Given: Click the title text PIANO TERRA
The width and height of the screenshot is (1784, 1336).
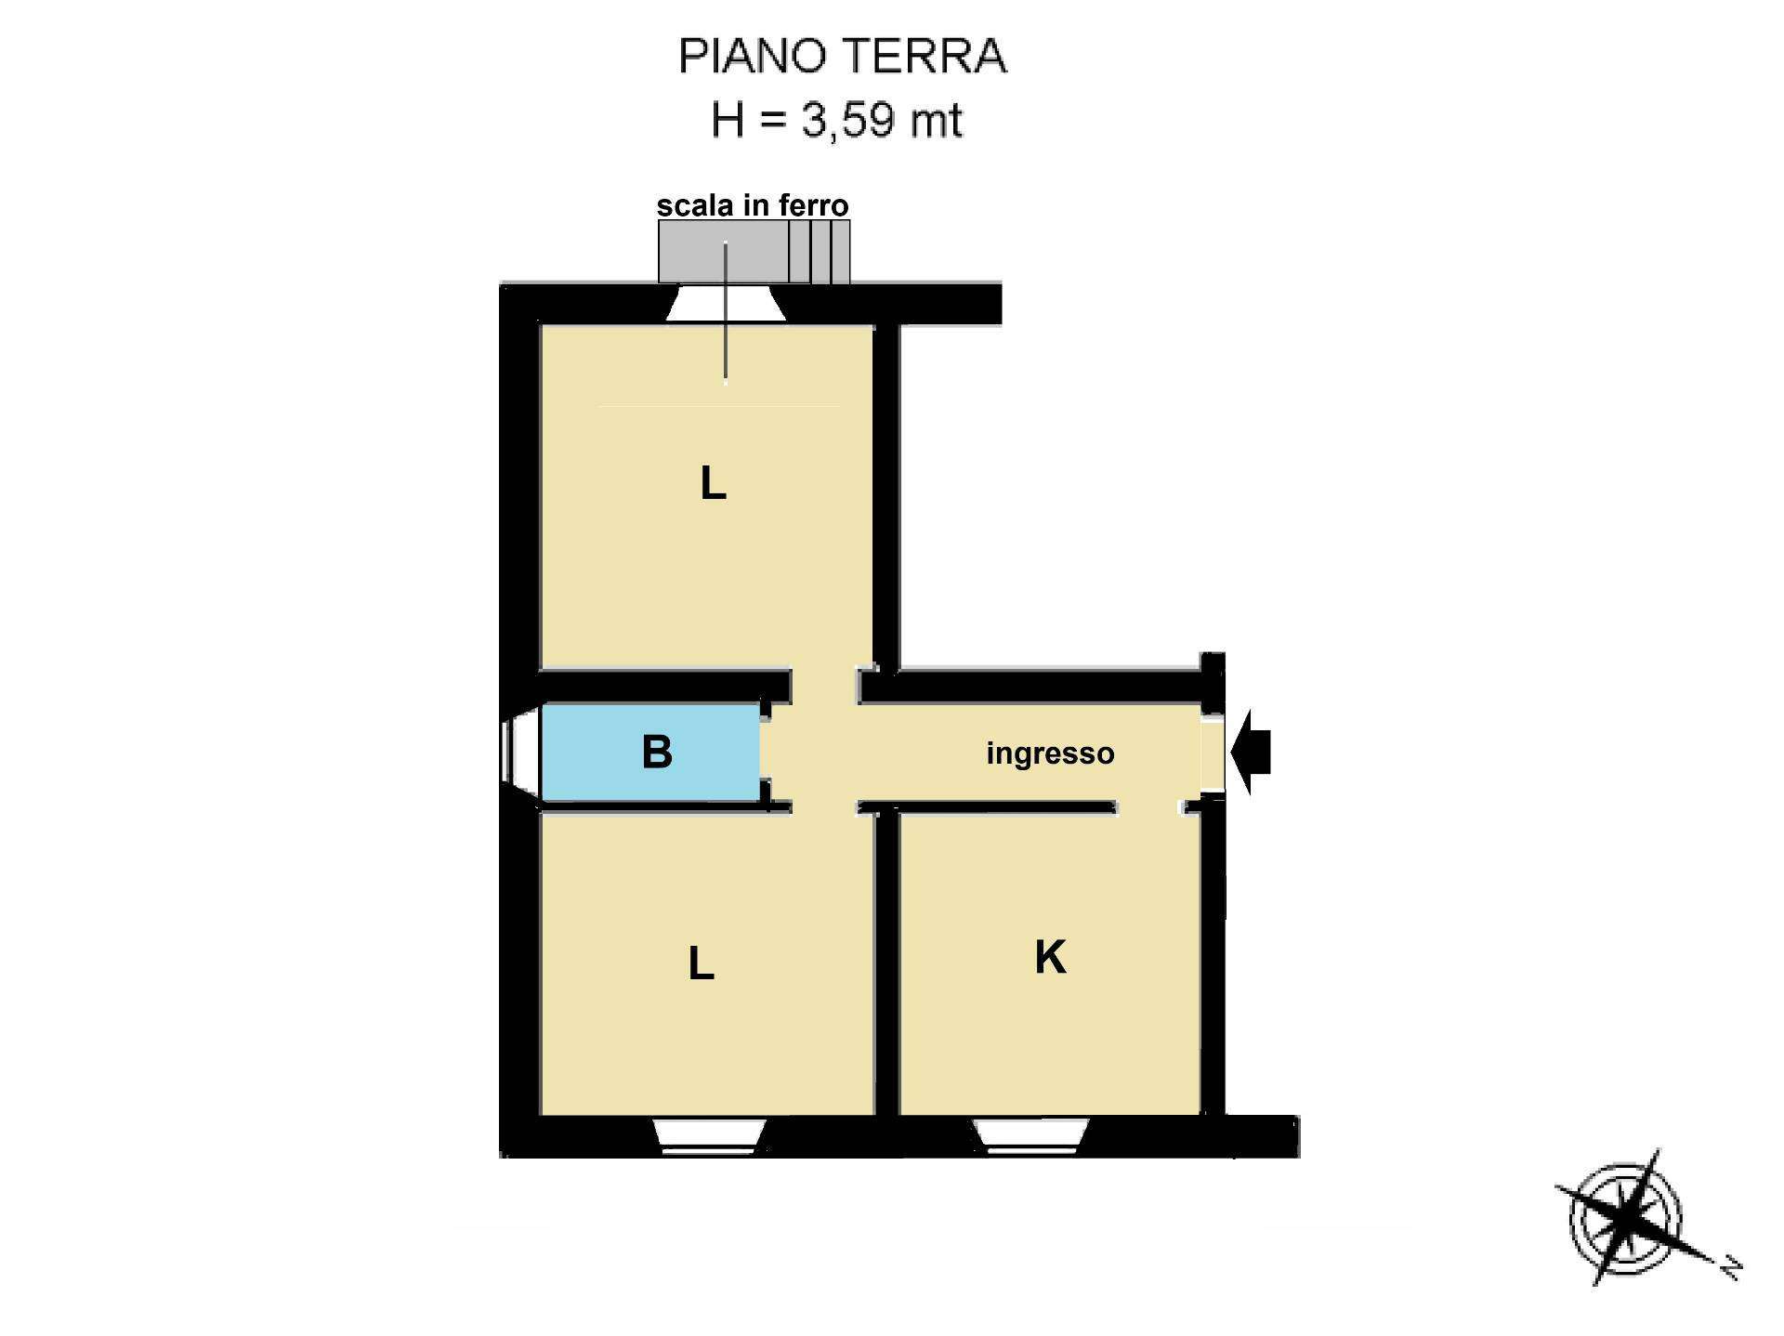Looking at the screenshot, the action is point(842,56).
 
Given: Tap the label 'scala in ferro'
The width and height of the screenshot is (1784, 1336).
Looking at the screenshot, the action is point(753,205).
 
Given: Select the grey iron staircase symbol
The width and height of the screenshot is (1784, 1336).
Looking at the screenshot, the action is point(754,251).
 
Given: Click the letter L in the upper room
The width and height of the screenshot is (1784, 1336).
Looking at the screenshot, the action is point(713,483).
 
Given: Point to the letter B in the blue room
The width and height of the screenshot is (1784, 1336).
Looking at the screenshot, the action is point(657,752).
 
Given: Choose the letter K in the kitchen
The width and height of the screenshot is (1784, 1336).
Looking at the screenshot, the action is point(1050,957).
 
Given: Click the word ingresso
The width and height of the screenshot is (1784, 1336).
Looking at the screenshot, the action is point(1050,753).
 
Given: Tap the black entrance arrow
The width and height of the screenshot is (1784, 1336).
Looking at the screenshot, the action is point(1250,753).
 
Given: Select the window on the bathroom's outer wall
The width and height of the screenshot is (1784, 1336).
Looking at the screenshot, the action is point(521,753).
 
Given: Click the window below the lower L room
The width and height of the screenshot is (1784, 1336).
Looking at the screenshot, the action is point(709,1136).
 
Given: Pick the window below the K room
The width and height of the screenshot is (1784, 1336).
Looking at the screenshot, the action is point(1030,1136).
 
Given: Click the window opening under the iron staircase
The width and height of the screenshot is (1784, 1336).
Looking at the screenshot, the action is point(727,304).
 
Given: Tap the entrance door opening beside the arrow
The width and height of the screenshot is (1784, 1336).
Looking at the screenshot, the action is point(1213,753).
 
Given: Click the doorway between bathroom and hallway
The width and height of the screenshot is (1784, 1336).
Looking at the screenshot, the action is point(766,753).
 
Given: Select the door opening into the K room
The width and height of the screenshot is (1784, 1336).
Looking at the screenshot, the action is point(1148,807).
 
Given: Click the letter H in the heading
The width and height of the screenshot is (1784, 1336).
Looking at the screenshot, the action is point(728,121).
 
